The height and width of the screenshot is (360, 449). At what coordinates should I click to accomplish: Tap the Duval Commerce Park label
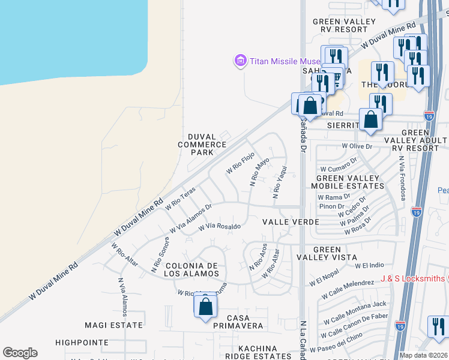pos(202,145)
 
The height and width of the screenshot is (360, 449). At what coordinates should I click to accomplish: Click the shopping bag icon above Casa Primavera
pos(205,307)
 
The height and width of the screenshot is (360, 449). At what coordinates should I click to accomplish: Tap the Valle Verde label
pos(291,222)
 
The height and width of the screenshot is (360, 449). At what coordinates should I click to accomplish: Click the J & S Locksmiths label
pos(412,278)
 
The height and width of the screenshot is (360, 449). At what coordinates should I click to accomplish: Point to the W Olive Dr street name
pos(357,146)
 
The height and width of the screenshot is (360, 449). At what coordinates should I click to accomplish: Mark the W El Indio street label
pos(369,265)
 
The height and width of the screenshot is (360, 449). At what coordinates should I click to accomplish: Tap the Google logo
pos(20,353)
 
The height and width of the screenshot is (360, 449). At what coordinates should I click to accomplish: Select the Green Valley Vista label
pos(327,253)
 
